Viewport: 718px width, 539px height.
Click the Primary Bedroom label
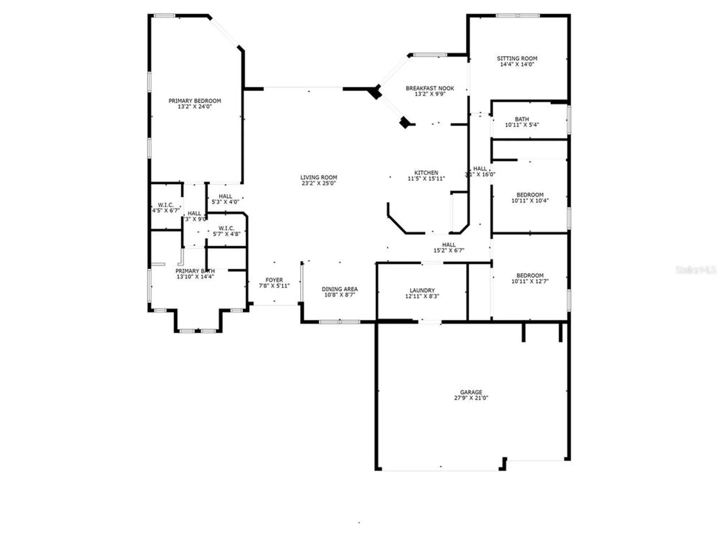click(195, 101)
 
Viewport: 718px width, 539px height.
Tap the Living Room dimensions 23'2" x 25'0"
click(318, 183)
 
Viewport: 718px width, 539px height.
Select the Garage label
click(471, 392)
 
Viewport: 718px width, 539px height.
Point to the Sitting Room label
click(517, 58)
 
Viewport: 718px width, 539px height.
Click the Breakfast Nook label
click(430, 88)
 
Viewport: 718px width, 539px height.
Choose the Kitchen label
click(426, 172)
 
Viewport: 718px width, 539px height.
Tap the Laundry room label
click(422, 290)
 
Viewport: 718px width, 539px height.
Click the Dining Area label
click(340, 289)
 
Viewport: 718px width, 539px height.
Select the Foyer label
click(274, 280)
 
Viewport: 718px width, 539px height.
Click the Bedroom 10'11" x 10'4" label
click(530, 198)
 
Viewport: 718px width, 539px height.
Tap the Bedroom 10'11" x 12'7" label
click(530, 278)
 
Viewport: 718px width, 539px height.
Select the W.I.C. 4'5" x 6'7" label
click(165, 208)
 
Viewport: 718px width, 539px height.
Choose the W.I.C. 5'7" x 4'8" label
click(226, 231)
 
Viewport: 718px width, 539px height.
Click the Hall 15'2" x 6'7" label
click(449, 248)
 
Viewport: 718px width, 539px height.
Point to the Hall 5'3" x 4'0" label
click(225, 199)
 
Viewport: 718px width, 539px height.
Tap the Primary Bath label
click(195, 271)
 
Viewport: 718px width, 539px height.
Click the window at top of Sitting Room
click(518, 15)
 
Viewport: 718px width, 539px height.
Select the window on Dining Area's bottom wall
click(340, 322)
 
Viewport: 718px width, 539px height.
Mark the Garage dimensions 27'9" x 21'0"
click(471, 398)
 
